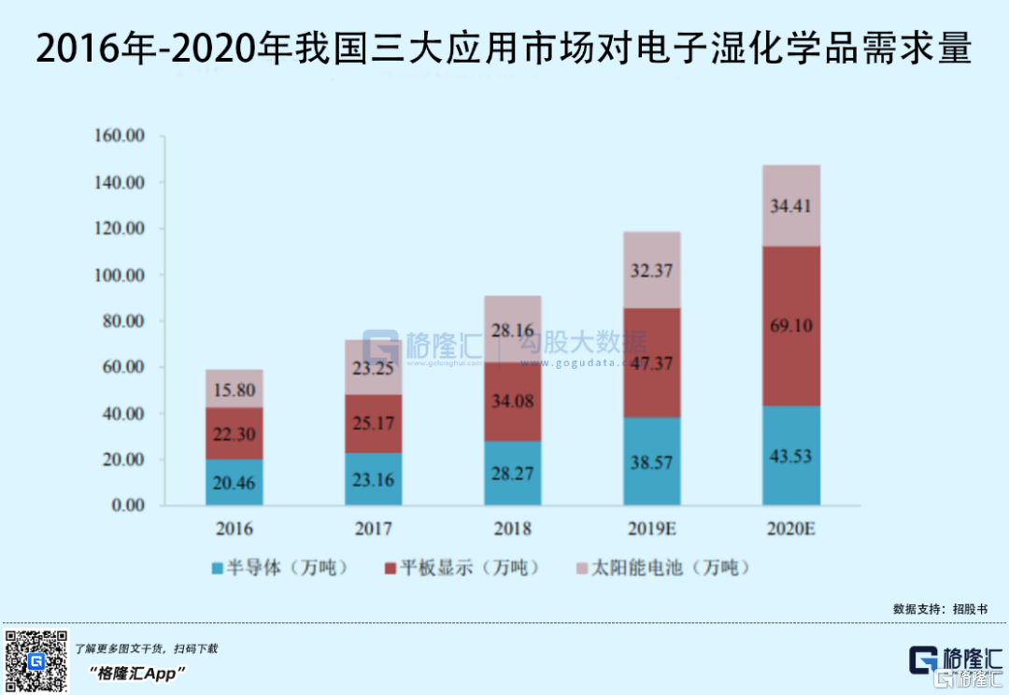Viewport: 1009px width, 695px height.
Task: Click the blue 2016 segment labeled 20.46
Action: pos(234,482)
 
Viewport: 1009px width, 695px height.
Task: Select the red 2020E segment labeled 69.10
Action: pos(790,325)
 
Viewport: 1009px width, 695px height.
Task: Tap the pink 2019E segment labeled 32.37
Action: pos(651,271)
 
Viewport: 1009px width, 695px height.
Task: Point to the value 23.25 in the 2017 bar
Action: pos(374,369)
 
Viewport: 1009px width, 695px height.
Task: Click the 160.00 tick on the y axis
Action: pos(119,136)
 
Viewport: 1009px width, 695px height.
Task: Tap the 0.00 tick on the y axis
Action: pos(127,505)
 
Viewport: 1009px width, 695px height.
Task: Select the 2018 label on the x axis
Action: pos(512,530)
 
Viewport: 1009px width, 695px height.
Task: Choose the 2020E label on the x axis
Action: pos(790,530)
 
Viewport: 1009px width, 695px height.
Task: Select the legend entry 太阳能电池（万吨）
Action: pos(661,568)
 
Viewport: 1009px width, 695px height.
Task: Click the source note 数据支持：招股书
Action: pos(938,608)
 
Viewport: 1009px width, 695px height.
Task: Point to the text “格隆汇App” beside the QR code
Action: pos(136,673)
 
